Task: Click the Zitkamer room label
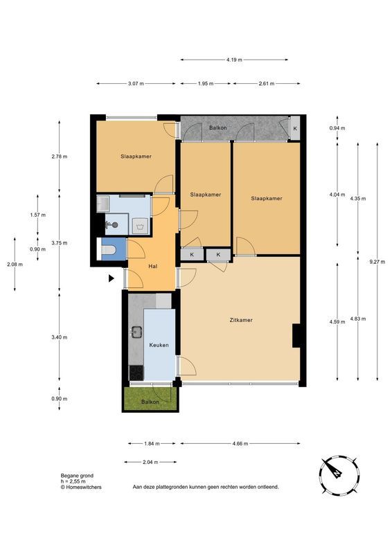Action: click(241, 320)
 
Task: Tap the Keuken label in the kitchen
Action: click(159, 345)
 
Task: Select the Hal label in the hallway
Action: click(152, 267)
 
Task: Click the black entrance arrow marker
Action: click(112, 278)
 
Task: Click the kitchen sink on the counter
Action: click(137, 332)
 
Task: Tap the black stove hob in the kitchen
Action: click(136, 373)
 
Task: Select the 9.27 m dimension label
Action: click(377, 262)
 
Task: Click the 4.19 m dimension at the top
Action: click(234, 60)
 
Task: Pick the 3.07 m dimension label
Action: click(136, 84)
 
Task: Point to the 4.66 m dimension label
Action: click(240, 444)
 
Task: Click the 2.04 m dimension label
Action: click(150, 462)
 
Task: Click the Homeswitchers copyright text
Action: click(81, 487)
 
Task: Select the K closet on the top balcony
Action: click(295, 129)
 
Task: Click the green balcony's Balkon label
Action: click(150, 402)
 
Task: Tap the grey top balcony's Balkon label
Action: click(217, 127)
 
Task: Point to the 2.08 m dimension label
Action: click(15, 265)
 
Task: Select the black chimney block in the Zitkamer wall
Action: click(296, 335)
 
